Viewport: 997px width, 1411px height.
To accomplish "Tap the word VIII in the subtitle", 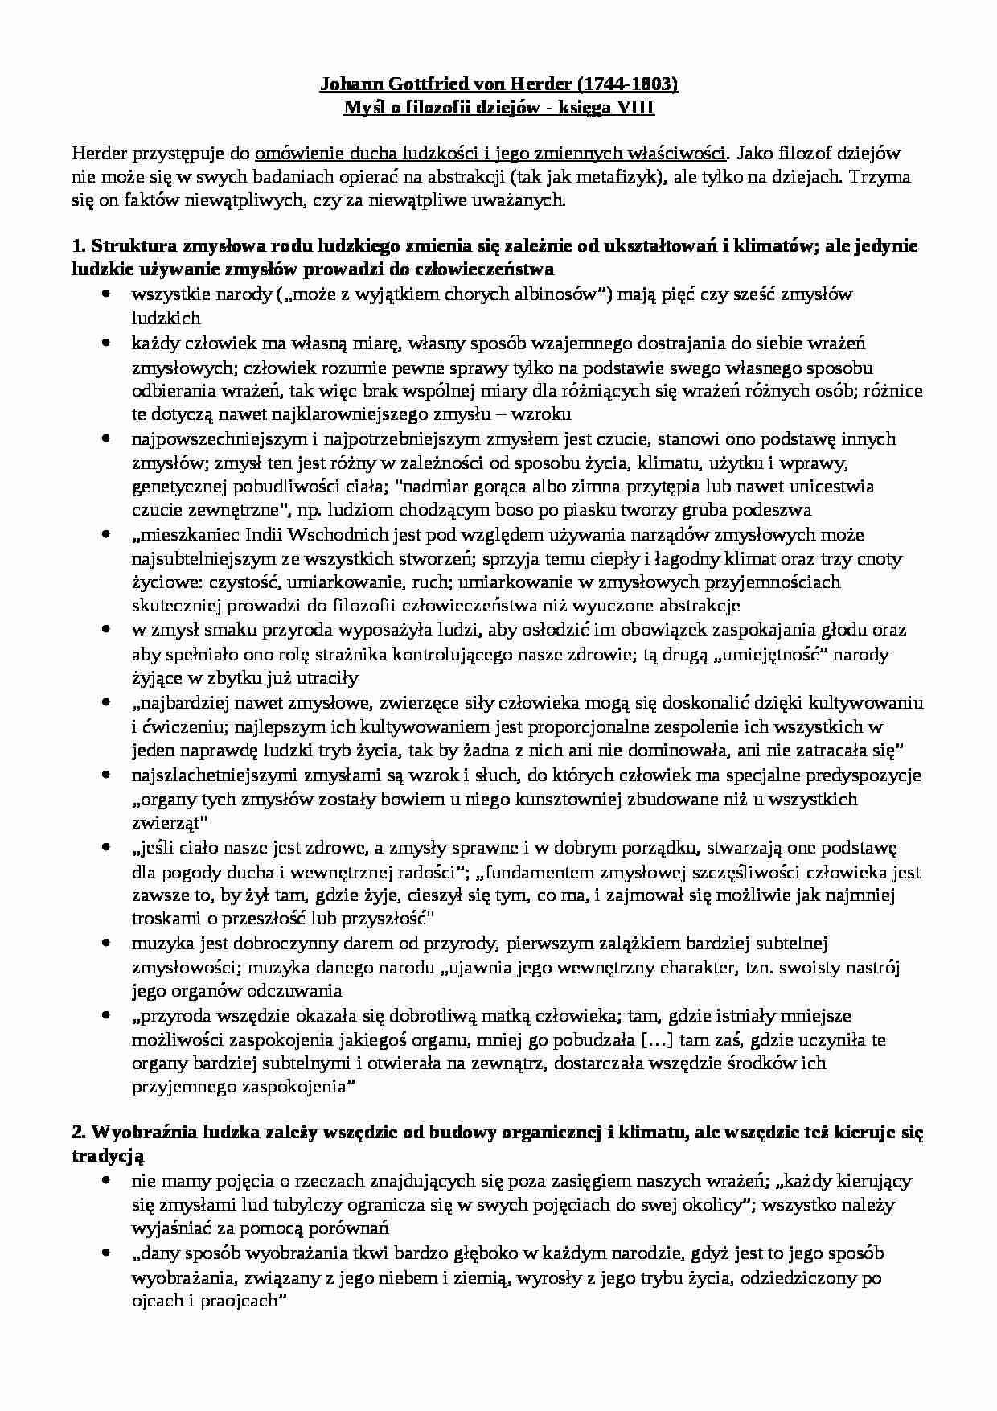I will coord(638,108).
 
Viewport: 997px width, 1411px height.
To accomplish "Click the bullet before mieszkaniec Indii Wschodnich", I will coord(106,534).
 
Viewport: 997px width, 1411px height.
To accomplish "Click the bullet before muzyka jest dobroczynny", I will coord(106,943).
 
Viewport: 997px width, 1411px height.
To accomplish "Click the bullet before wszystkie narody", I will coord(106,295).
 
